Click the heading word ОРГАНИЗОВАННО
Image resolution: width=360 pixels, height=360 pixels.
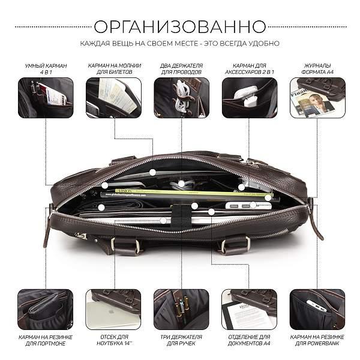[180, 26]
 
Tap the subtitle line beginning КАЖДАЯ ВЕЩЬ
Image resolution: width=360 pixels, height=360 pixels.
[180, 44]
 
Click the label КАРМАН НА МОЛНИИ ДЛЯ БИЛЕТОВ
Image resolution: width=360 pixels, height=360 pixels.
[113, 68]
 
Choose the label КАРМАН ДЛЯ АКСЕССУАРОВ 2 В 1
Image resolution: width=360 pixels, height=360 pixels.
[249, 68]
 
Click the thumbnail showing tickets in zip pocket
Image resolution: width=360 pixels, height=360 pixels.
[113, 97]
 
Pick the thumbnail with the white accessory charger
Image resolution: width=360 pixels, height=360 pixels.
[249, 97]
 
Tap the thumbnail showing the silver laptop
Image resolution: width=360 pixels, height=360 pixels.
[113, 309]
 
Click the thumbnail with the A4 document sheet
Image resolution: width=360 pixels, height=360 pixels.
[249, 309]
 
